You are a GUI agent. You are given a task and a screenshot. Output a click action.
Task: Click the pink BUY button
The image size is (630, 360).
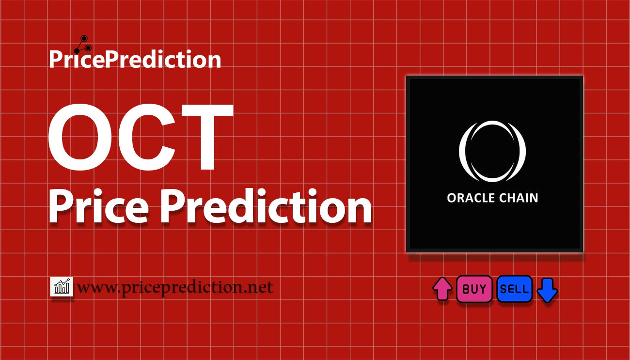pyautogui.click(x=474, y=289)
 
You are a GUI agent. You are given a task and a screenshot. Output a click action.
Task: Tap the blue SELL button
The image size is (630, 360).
pyautogui.click(x=514, y=289)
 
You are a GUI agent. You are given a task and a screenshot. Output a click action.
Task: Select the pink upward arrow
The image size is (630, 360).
pyautogui.click(x=442, y=289)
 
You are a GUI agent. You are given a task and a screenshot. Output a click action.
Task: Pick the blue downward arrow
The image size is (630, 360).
pyautogui.click(x=548, y=290)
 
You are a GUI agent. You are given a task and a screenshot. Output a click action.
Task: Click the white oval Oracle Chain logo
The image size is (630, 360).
pyautogui.click(x=492, y=151)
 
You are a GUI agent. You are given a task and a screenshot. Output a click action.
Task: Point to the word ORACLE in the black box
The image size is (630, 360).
pyautogui.click(x=471, y=198)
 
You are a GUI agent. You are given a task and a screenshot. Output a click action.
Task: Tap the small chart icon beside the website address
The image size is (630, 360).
pyautogui.click(x=62, y=287)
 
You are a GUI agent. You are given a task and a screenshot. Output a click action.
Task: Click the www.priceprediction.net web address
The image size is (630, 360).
pyautogui.click(x=175, y=287)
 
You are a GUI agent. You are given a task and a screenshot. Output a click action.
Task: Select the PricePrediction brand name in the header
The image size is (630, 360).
pyautogui.click(x=135, y=60)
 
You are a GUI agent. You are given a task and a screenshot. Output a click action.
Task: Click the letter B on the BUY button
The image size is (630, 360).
pyautogui.click(x=466, y=289)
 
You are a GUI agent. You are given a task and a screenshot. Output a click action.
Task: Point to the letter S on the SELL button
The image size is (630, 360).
pyautogui.click(x=504, y=289)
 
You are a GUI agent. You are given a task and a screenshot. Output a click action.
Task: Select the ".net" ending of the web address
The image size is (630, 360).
pyautogui.click(x=259, y=287)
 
